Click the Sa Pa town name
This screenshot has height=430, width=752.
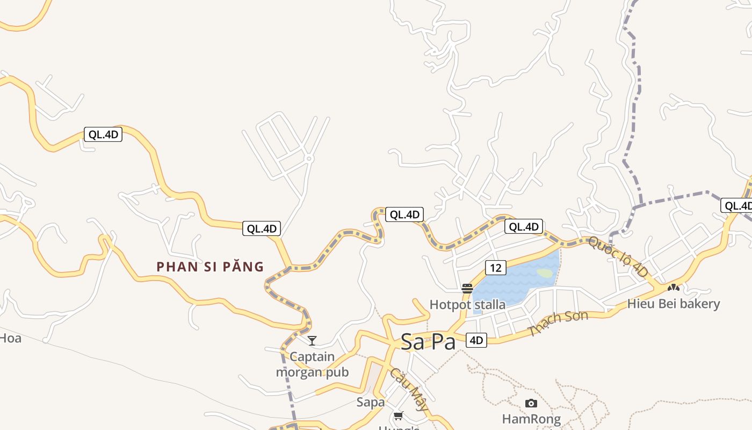(x=428, y=342)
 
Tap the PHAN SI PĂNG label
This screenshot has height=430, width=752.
(x=210, y=267)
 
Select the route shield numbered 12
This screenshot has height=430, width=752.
(x=495, y=267)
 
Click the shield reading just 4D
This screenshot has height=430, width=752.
(x=476, y=340)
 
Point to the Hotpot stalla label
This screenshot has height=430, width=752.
(x=467, y=305)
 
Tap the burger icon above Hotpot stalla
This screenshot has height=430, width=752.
(x=467, y=289)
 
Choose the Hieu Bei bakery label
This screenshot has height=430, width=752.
(x=673, y=304)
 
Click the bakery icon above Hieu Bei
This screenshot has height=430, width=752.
(x=673, y=288)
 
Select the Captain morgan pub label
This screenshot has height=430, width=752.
(x=312, y=364)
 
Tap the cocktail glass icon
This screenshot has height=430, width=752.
(x=312, y=340)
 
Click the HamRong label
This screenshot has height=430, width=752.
(x=531, y=419)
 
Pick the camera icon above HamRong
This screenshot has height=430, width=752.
(x=531, y=403)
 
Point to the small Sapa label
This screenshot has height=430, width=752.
(x=371, y=402)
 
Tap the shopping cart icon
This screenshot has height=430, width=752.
(x=398, y=415)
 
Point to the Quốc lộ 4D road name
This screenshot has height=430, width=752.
(x=618, y=257)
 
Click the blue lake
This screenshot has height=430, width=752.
(x=510, y=282)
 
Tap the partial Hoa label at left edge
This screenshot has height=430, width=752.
(x=10, y=338)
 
